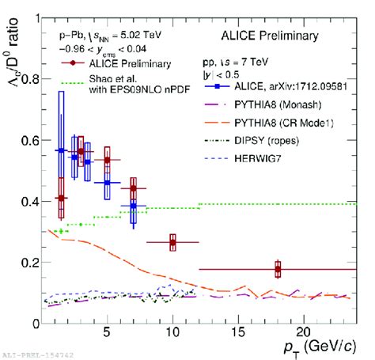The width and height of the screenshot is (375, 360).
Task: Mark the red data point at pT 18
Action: click(x=278, y=270)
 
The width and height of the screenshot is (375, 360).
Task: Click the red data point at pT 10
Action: click(x=172, y=242)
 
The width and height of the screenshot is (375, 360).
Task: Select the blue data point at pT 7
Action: click(x=134, y=207)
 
